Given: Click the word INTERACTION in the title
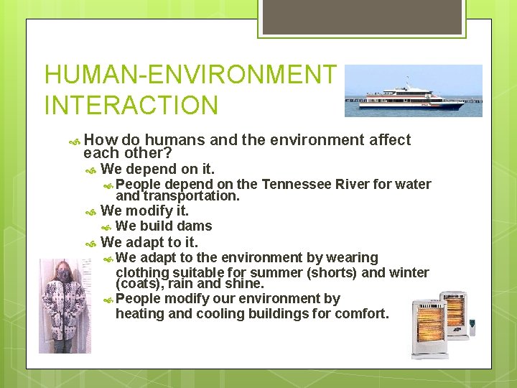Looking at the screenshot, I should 131,105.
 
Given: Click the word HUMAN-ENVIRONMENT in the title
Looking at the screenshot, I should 190,74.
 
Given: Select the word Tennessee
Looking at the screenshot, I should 295,185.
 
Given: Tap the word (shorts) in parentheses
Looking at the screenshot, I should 332,272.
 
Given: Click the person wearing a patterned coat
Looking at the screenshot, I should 63,305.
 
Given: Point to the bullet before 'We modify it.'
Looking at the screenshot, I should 90,212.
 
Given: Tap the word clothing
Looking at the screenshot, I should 142,272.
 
